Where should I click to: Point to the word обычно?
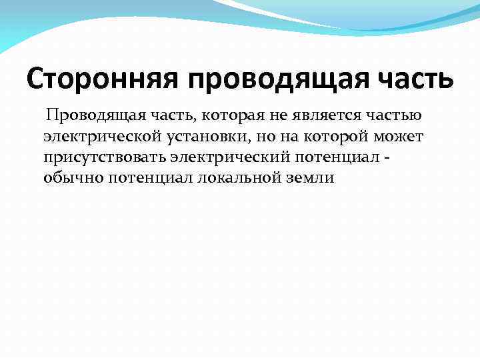[65, 179]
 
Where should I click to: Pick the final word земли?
[311, 179]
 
